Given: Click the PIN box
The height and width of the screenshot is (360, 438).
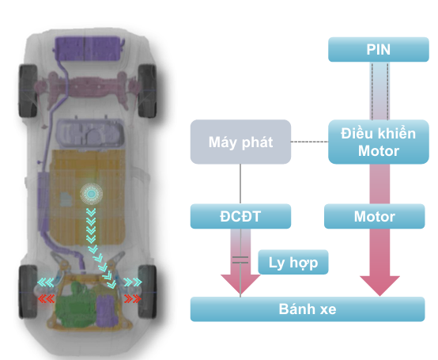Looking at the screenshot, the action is click(379, 50).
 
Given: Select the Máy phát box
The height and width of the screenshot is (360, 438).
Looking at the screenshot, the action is click(240, 142).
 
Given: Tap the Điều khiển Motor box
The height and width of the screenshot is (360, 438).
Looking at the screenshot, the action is click(379, 142).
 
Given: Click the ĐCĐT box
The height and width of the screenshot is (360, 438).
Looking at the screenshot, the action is click(240, 216).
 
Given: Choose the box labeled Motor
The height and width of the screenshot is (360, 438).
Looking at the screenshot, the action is click(374, 216).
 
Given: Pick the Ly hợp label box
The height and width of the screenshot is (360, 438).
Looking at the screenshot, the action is click(293, 262).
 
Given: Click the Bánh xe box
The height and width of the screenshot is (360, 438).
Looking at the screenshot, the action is click(308, 309).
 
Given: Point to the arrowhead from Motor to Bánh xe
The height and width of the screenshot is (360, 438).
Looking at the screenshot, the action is click(380, 286).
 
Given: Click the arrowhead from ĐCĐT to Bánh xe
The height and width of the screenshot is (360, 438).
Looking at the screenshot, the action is click(240, 285).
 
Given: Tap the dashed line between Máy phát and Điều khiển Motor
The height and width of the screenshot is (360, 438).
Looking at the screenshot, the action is click(309, 142).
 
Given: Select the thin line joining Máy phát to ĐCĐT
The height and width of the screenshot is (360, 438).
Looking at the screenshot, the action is click(240, 184).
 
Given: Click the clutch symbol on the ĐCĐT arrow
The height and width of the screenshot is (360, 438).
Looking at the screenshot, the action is click(240, 260).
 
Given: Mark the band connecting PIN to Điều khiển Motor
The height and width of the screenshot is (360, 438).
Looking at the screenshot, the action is click(380, 91).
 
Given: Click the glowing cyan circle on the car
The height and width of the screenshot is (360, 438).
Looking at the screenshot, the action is click(91, 194).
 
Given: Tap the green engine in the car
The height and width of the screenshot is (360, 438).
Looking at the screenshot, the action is click(75, 305).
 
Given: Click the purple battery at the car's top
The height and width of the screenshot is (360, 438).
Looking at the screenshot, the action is click(89, 48).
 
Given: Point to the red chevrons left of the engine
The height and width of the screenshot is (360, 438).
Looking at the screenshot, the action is click(47, 299).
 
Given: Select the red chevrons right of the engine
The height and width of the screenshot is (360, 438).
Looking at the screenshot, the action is click(132, 298).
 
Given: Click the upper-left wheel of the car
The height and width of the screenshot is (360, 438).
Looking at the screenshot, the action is click(28, 91).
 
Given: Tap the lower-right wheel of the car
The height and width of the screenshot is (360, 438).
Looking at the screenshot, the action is click(147, 291).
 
